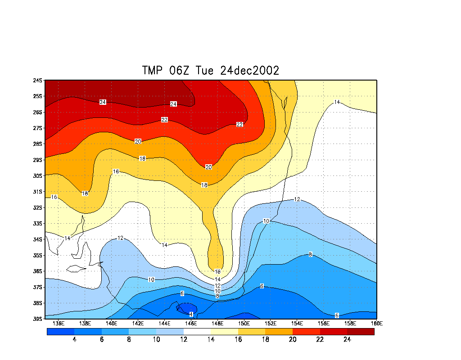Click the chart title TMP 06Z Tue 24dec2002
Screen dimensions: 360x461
point(211,70)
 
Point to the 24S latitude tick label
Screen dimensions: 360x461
point(37,81)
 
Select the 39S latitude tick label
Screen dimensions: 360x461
point(37,319)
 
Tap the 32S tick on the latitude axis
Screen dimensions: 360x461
point(37,208)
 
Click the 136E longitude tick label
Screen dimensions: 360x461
point(58,323)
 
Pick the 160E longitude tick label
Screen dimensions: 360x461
point(377,323)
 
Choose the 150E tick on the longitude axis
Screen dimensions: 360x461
point(244,323)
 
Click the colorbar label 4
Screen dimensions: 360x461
point(74,340)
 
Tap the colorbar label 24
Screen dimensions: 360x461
point(347,340)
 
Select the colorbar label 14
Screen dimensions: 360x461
point(211,340)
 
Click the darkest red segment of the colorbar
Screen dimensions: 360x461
point(361,332)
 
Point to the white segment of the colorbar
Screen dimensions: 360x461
point(197,332)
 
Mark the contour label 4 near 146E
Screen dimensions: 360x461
point(191,314)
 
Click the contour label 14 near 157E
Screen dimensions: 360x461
point(337,102)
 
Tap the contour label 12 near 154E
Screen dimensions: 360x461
point(297,199)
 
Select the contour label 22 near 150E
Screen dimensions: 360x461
point(240,124)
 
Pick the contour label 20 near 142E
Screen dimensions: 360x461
point(138,141)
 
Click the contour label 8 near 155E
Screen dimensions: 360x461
point(310,255)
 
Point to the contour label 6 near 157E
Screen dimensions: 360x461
point(337,315)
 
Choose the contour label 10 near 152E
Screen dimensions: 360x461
point(266,221)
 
